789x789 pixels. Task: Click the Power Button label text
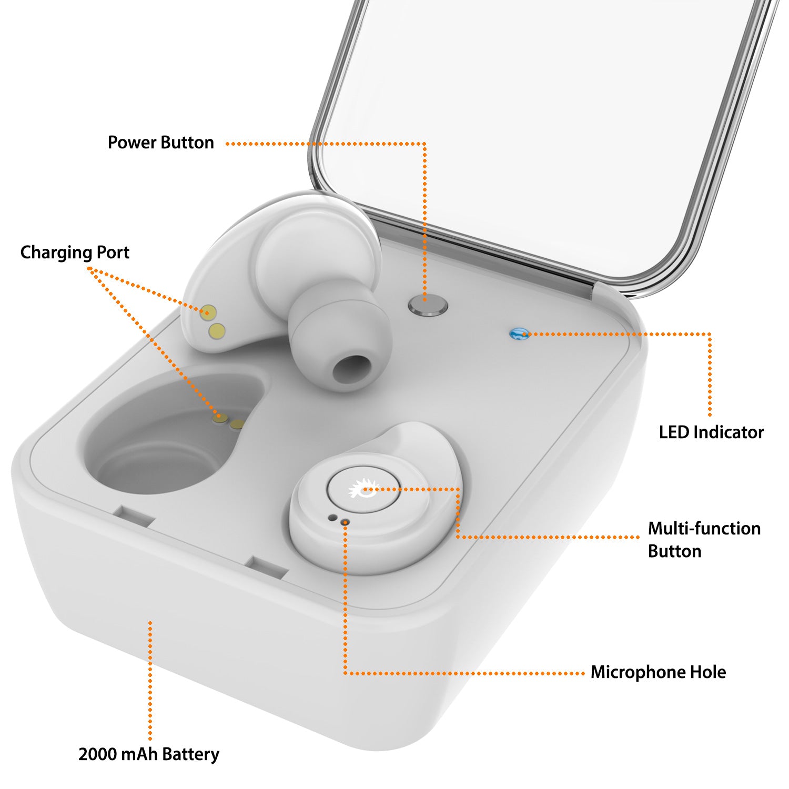coord(160,143)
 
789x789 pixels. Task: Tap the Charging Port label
coord(75,252)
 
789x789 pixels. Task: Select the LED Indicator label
coord(711,432)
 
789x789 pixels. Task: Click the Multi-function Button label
coord(703,540)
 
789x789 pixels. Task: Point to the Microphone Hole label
coord(658,672)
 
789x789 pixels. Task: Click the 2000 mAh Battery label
coord(148,754)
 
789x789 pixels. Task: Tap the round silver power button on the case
coord(428,305)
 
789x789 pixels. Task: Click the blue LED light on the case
coord(519,333)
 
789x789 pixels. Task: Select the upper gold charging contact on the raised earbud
coord(209,312)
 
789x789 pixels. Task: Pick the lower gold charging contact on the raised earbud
coord(217,331)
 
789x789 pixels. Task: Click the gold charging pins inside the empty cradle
coord(229,421)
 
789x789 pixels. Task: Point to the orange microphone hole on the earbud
coord(345,522)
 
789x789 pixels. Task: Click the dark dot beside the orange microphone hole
coord(332,518)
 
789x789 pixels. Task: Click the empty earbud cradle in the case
coord(163,442)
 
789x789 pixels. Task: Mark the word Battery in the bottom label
coord(190,754)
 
